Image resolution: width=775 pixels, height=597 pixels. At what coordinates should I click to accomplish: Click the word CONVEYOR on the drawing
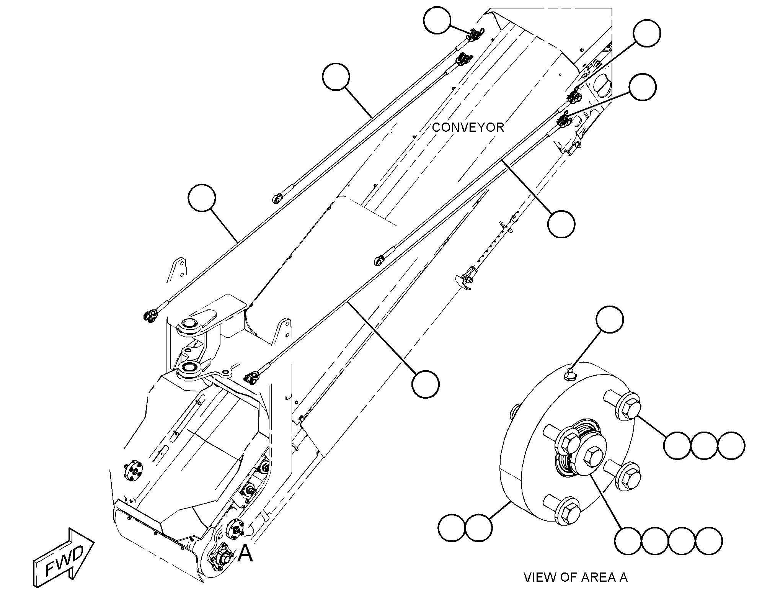tap(468, 128)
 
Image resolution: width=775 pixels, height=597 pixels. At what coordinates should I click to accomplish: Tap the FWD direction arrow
tap(64, 554)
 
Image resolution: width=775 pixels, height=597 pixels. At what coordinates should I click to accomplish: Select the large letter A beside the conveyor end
tap(245, 553)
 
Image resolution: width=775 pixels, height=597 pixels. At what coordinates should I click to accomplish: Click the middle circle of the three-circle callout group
tap(704, 446)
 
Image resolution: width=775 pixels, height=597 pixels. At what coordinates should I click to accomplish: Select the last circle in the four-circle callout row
tap(709, 541)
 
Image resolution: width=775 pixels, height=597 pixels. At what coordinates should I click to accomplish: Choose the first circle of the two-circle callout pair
tap(452, 528)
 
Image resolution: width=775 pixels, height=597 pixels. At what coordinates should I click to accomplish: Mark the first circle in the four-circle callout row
tap(628, 541)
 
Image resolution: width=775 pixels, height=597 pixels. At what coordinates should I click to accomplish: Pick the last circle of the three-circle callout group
tap(731, 446)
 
